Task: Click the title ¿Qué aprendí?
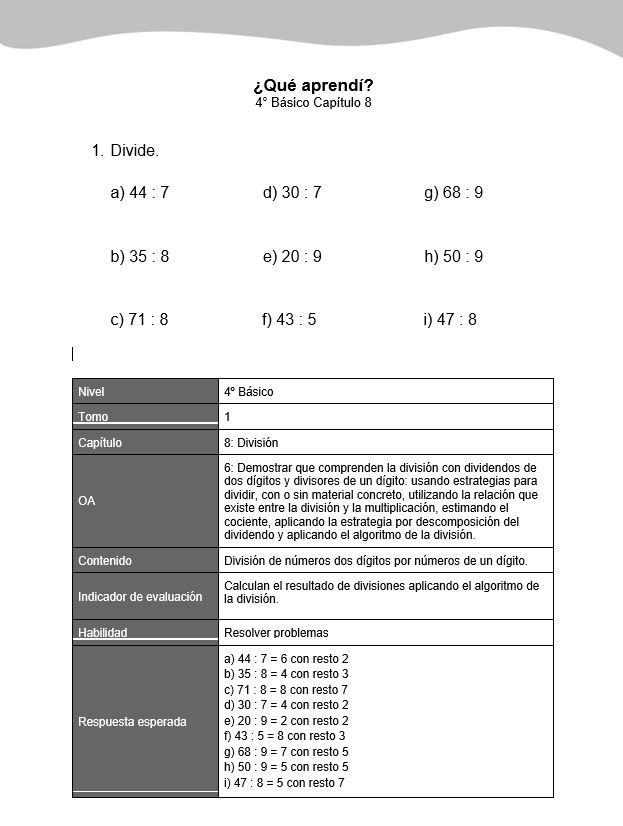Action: [x=313, y=85]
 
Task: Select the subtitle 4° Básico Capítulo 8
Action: [x=313, y=103]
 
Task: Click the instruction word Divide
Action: [x=134, y=151]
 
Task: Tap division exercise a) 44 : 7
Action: [x=139, y=193]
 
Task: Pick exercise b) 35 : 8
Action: [x=139, y=257]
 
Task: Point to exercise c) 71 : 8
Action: [x=139, y=320]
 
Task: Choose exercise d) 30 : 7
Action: [x=292, y=193]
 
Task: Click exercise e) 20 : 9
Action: [x=292, y=257]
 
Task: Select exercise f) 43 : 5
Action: [x=289, y=320]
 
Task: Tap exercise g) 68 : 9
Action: [x=453, y=193]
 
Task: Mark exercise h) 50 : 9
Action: [x=453, y=257]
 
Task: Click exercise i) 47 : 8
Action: [x=450, y=320]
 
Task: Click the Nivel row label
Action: [x=91, y=392]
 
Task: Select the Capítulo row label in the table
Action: [x=100, y=442]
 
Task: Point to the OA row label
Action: [x=87, y=501]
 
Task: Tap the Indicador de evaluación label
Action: [x=140, y=597]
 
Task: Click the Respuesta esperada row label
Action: [x=132, y=722]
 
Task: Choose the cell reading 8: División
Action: [x=251, y=442]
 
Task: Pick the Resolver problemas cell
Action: [x=276, y=633]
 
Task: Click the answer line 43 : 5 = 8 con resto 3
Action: [x=285, y=736]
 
